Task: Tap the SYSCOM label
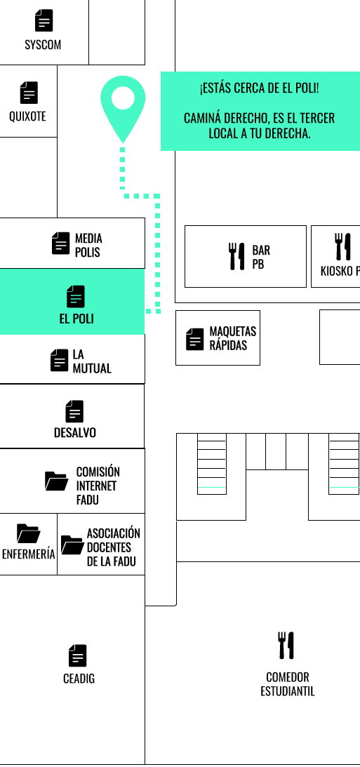(x=43, y=45)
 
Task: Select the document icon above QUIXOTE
(x=29, y=93)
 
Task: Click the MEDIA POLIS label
(x=88, y=245)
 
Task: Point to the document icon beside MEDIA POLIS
(x=60, y=243)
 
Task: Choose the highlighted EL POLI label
(x=76, y=319)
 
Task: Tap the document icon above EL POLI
(x=75, y=296)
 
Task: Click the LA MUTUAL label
(x=92, y=361)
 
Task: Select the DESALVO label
(x=75, y=432)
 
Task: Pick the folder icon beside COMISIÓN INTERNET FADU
(x=57, y=481)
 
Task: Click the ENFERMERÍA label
(x=28, y=554)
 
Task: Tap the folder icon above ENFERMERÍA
(x=28, y=533)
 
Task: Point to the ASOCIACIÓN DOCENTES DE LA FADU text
(x=114, y=547)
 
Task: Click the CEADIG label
(x=79, y=679)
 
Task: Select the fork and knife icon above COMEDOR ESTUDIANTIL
(x=286, y=645)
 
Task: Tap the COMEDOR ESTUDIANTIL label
(x=288, y=684)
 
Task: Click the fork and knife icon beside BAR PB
(x=236, y=256)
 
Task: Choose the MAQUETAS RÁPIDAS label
(x=233, y=338)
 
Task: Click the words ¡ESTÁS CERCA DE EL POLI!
(x=259, y=88)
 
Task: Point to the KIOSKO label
(x=337, y=271)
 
